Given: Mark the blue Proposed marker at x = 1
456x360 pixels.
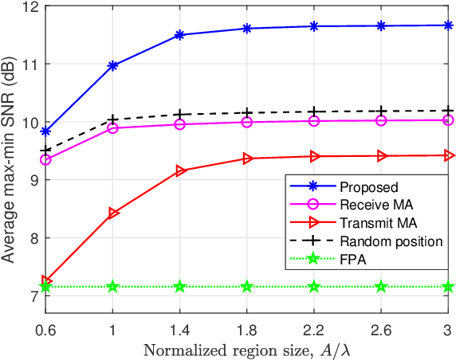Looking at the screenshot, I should (x=113, y=65).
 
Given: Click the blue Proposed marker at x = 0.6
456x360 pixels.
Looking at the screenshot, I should (x=45, y=131).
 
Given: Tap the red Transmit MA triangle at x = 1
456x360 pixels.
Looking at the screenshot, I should (x=113, y=213).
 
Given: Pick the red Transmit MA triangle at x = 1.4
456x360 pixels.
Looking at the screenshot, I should (x=180, y=170).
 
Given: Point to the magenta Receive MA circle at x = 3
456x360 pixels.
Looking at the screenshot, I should (x=448, y=120).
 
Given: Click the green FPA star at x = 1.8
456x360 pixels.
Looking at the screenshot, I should (x=247, y=286).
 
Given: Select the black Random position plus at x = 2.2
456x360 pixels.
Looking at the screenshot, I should (x=314, y=112).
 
